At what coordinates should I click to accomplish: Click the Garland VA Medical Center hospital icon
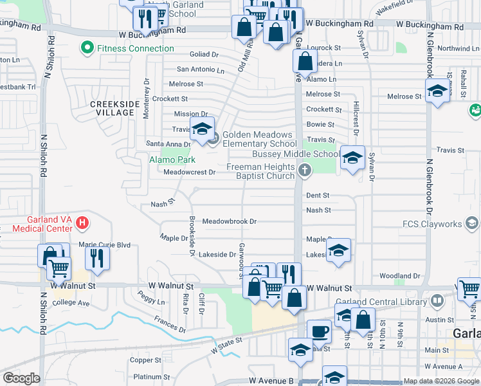tap(82, 224)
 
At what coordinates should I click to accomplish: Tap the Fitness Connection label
tap(135, 48)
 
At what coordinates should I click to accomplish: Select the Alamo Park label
tap(172, 159)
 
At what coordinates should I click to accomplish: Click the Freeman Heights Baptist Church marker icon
tap(305, 170)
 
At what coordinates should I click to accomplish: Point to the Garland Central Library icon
tap(437, 300)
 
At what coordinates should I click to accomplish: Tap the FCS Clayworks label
tap(431, 224)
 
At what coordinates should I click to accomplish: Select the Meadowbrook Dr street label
tap(230, 221)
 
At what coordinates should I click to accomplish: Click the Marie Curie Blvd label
tap(104, 244)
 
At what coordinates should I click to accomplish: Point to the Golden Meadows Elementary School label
tap(260, 140)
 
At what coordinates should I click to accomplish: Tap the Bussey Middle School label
tap(296, 154)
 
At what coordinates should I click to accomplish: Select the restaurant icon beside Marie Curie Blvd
tap(97, 258)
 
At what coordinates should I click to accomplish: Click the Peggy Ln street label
tap(151, 299)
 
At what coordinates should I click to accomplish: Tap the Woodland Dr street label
tap(400, 276)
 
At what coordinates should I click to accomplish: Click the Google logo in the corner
tap(21, 378)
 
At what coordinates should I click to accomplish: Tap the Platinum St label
tap(147, 377)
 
